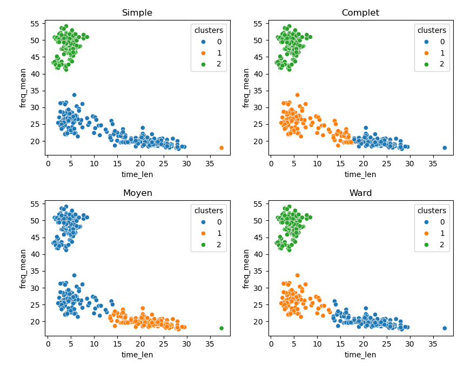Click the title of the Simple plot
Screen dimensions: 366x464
pos(137,13)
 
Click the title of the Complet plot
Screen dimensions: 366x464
pos(360,13)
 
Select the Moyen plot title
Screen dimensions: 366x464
pos(137,193)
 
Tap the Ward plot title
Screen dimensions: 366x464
pos(360,193)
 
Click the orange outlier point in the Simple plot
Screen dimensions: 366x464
pos(221,148)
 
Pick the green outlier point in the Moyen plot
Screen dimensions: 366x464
pos(221,328)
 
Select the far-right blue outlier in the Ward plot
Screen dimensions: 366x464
pos(445,328)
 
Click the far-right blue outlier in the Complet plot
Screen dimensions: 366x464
pos(445,148)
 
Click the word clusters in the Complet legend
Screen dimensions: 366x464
pos(432,30)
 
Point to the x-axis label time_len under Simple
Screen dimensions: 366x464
pos(137,174)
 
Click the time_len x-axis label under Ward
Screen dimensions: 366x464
pos(360,355)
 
